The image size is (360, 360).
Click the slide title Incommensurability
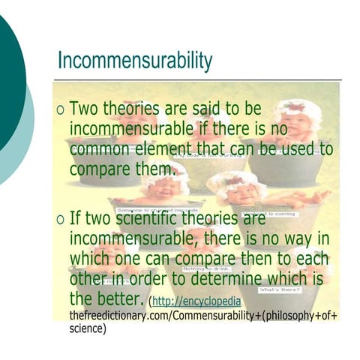click(135, 61)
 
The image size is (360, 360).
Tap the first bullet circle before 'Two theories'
click(61, 110)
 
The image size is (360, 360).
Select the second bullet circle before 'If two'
click(61, 220)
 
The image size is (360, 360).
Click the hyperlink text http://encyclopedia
click(190, 301)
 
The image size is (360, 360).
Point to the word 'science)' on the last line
click(88, 328)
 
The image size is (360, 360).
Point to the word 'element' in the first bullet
click(173, 148)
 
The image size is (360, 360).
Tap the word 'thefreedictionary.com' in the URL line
click(119, 316)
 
